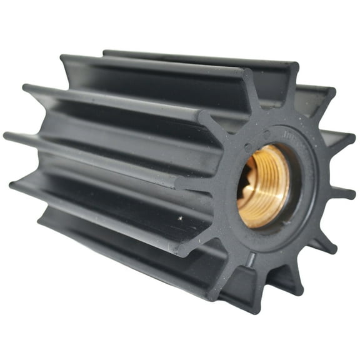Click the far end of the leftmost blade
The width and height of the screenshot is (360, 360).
click(7, 134)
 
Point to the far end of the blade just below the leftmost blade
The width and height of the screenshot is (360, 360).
click(14, 184)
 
